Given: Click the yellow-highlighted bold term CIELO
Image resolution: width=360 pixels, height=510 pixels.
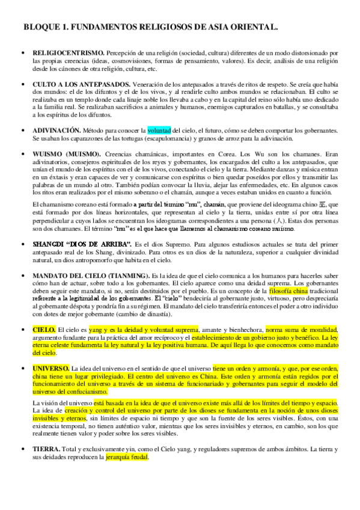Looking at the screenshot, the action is point(44,330).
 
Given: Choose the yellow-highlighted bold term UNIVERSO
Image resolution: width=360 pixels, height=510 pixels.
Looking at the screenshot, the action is point(51,367).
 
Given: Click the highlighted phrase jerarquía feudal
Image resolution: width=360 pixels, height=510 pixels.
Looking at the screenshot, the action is point(126,456).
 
